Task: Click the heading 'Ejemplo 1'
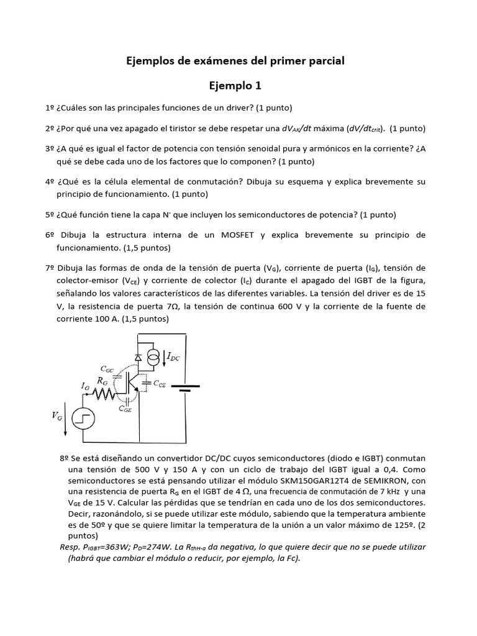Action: point(238,85)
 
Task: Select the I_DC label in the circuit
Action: point(175,357)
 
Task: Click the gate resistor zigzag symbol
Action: point(105,395)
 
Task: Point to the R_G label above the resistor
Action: point(103,380)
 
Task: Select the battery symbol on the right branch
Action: point(186,388)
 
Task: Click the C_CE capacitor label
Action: point(159,384)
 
